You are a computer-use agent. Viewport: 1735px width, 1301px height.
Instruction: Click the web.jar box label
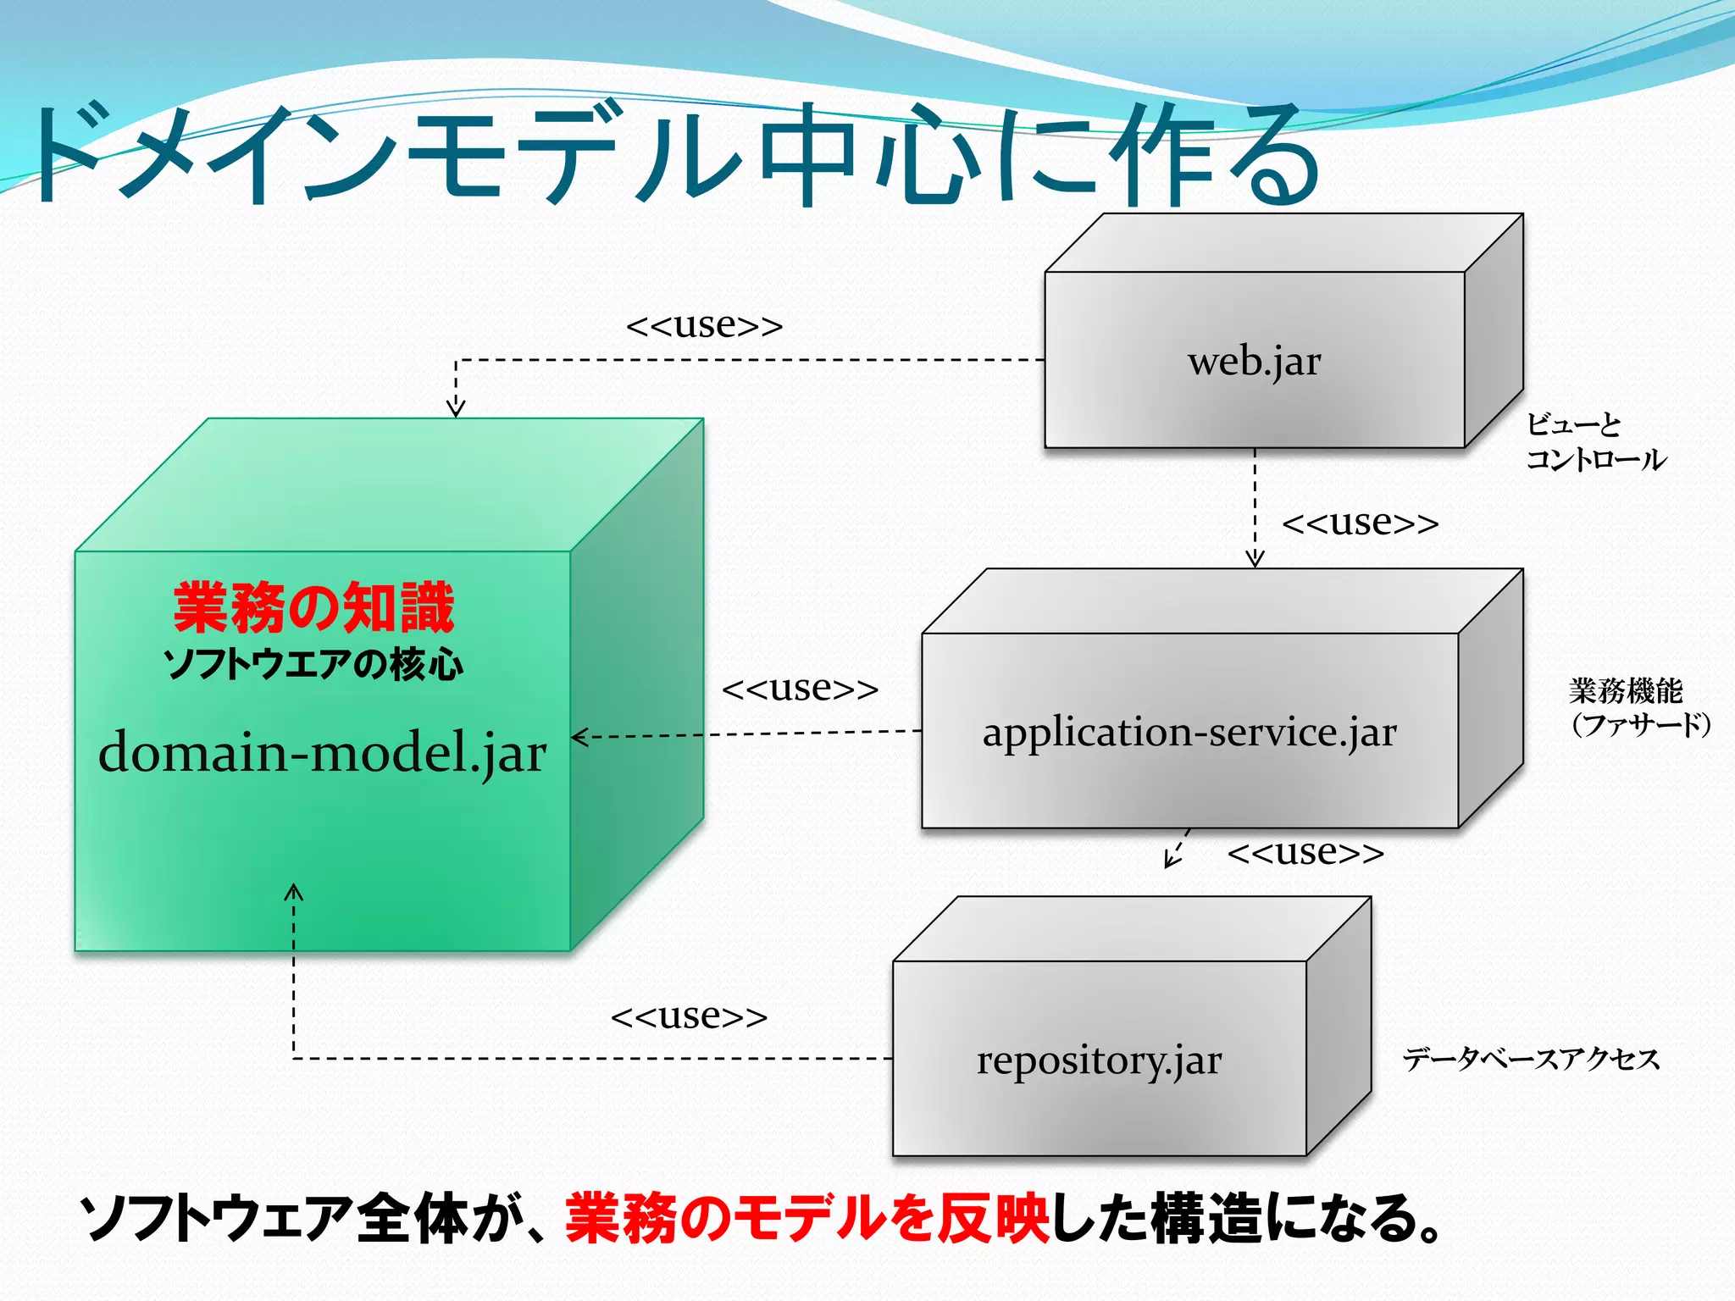(x=1254, y=363)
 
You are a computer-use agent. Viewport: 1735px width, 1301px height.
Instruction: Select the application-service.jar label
(x=1189, y=733)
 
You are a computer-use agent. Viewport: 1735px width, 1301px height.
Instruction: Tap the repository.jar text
(x=1099, y=1060)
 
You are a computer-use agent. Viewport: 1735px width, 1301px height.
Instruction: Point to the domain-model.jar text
(x=322, y=752)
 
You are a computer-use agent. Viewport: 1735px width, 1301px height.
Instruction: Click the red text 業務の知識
(x=313, y=608)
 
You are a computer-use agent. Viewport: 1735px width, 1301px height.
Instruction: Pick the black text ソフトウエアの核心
(x=313, y=664)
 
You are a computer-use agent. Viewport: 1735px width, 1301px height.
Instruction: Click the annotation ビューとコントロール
(x=1594, y=442)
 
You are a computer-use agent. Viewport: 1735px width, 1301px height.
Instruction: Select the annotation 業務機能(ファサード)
(x=1638, y=708)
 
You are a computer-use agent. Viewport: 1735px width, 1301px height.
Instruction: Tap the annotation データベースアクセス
(x=1531, y=1059)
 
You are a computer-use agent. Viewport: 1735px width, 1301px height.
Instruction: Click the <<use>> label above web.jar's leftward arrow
(x=704, y=325)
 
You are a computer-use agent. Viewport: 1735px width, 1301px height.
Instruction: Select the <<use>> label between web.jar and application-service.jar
(x=1360, y=523)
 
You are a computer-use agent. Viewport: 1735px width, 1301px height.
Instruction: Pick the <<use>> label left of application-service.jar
(x=800, y=689)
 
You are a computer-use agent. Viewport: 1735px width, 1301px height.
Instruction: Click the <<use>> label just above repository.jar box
(x=1305, y=852)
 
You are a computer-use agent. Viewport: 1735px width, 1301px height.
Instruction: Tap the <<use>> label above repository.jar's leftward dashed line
(x=689, y=1016)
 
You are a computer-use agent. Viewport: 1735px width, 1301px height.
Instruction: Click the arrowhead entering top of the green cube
(x=456, y=410)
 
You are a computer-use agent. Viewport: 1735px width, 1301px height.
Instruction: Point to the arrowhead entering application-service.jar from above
(x=1255, y=559)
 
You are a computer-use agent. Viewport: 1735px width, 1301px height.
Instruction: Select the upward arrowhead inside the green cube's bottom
(x=293, y=891)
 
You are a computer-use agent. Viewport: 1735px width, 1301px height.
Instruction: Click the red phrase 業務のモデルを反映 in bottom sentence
(x=807, y=1220)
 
